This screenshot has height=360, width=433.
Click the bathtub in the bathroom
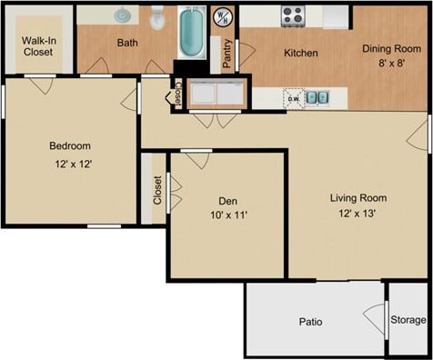(192, 32)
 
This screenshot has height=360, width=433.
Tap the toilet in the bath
(157, 15)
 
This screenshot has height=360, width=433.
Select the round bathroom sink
(122, 15)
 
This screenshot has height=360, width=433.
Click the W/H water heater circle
(222, 15)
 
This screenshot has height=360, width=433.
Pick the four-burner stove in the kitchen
(293, 15)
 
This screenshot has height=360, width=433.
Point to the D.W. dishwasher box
(293, 97)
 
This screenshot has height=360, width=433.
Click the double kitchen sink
(317, 97)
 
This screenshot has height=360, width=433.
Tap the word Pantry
(226, 54)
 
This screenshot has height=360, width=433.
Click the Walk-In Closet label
(37, 45)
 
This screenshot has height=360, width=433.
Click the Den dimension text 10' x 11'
(227, 215)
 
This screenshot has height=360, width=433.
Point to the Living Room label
(357, 197)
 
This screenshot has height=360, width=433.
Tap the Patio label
(311, 322)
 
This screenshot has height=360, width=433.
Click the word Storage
(408, 320)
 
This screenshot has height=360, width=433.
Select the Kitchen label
(301, 53)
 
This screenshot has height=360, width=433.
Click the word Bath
(127, 42)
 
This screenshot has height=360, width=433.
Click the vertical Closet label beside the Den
(157, 190)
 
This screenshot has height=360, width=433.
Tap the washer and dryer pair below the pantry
(216, 94)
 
